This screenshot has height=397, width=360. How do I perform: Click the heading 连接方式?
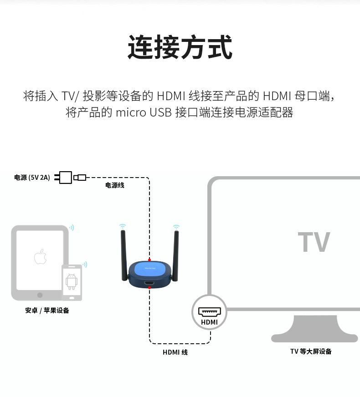(180, 47)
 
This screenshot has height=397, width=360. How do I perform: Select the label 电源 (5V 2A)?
(32, 178)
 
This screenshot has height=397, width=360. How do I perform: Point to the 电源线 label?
(115, 185)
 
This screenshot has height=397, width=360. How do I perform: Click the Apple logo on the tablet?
(40, 257)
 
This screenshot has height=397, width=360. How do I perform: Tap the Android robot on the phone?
(72, 281)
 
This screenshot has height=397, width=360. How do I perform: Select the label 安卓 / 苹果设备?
(47, 310)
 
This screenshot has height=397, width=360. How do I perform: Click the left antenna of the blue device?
(123, 255)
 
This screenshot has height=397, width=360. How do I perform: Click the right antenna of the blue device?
(175, 255)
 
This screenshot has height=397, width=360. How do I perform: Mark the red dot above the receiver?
(149, 260)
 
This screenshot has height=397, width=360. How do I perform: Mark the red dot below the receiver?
(149, 287)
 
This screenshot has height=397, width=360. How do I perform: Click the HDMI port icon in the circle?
(210, 313)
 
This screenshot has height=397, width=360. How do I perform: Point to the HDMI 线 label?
(175, 352)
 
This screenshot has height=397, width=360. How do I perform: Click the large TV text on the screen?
(314, 242)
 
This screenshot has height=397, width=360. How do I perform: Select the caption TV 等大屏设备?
(311, 351)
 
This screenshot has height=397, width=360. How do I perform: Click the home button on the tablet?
(40, 295)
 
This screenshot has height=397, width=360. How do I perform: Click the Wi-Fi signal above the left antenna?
(122, 226)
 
